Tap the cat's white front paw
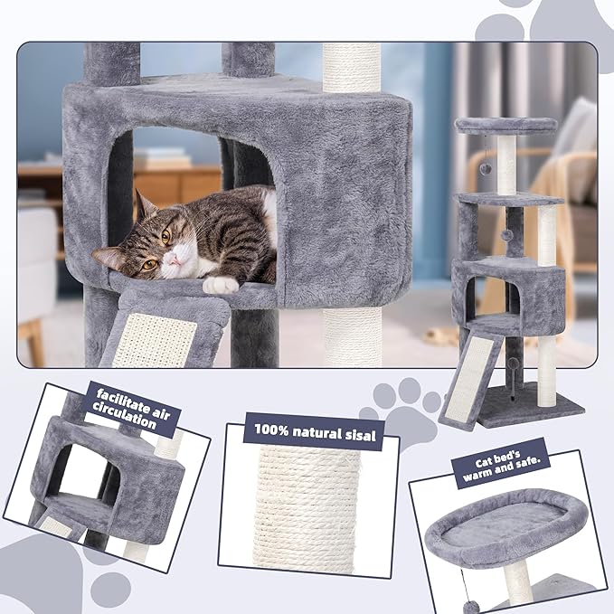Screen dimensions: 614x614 [x=220, y=284]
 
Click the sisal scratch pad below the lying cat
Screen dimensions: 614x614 [x=154, y=339]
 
